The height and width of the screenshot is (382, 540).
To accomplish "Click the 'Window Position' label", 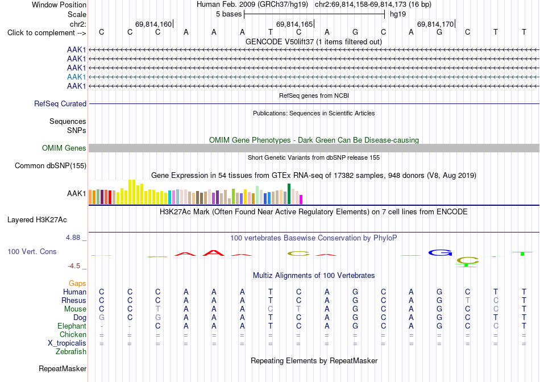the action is point(59,5).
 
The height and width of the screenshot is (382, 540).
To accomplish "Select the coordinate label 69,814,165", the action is point(294,24).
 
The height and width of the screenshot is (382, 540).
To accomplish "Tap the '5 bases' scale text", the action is point(229,14).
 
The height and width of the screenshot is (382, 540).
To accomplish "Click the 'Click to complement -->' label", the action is point(47,33).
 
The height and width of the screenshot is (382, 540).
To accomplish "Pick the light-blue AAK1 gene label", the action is point(77,77).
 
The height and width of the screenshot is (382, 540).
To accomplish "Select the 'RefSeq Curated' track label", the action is point(60,103).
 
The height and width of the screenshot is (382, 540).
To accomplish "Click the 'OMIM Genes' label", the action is point(64,148).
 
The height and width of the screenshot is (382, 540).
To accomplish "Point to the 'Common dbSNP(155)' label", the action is point(51,165).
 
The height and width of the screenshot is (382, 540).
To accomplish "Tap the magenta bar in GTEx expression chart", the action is point(301,200).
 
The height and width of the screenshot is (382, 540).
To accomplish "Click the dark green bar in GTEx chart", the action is point(289,194).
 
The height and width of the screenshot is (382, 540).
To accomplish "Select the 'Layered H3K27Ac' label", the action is point(37,220).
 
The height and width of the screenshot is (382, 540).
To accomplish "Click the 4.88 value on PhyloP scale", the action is point(73,238).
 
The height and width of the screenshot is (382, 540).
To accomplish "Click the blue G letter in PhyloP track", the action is point(440,253).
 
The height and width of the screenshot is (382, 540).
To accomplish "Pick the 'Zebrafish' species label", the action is point(71,352).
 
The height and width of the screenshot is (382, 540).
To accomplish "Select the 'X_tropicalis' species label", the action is point(67,343).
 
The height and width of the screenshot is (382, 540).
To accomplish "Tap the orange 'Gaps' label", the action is point(77,283).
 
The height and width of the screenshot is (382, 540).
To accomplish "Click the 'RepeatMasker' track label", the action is point(63,368).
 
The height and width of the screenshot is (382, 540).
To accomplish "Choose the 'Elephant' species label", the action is point(72,326).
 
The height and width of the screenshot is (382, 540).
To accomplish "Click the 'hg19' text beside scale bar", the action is point(398,14).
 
